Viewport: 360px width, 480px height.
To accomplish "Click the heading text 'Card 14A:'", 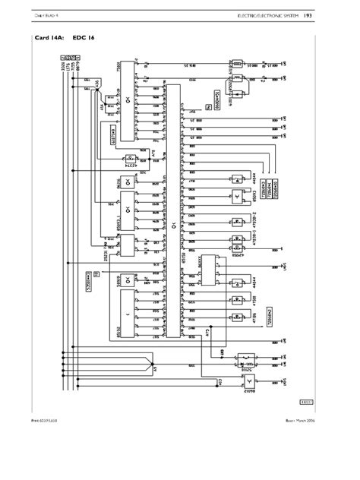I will [x=50, y=36].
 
